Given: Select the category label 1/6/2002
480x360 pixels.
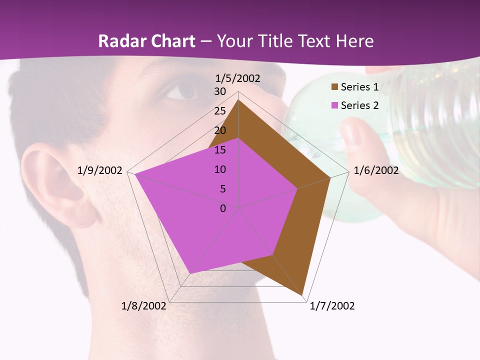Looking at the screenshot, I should click(376, 170).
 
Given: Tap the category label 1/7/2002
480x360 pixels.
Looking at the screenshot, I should click(332, 306).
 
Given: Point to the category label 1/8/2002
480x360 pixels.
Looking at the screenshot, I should click(144, 306).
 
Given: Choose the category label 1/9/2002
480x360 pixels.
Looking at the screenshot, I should click(100, 170).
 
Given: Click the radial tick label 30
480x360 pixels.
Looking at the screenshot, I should click(220, 91).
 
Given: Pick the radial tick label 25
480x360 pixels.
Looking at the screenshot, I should click(220, 111).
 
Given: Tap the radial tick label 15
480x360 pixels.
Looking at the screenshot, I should click(220, 150).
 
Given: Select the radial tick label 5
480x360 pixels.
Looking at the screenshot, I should click(223, 189).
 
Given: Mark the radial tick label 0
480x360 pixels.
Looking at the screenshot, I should click(223, 208).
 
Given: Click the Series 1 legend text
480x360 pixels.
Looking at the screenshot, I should click(359, 87).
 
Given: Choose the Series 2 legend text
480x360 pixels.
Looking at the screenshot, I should click(359, 105).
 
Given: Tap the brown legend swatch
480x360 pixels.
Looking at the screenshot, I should click(334, 87).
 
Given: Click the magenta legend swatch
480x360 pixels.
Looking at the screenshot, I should click(334, 105).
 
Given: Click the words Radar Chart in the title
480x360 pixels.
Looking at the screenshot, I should click(146, 41).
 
